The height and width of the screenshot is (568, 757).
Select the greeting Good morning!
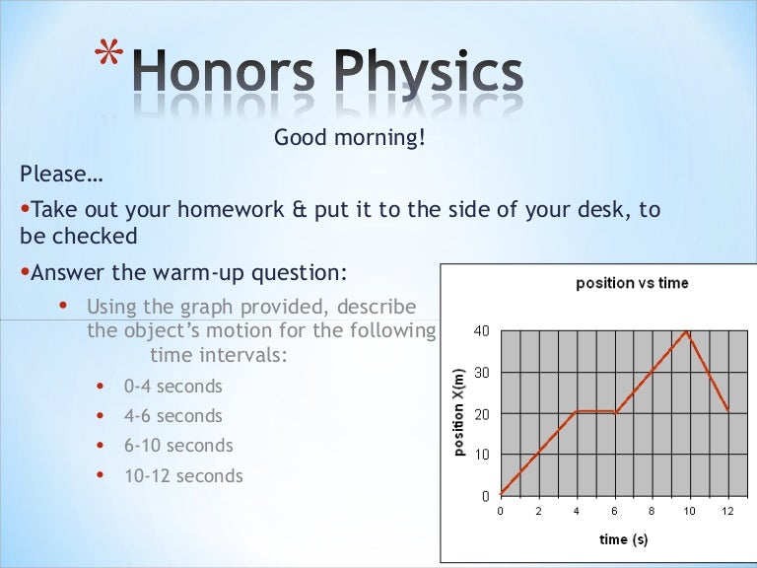(x=350, y=138)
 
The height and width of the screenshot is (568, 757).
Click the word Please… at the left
(x=60, y=175)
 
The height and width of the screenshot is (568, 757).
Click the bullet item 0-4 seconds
(x=172, y=387)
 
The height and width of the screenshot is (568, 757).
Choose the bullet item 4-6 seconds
(x=172, y=416)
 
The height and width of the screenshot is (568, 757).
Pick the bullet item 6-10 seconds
(x=177, y=446)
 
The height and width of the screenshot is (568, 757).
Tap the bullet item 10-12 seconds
(x=182, y=476)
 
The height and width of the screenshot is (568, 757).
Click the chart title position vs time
(x=632, y=283)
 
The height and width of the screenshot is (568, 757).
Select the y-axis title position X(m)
(x=459, y=412)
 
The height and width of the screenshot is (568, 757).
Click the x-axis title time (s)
(x=623, y=538)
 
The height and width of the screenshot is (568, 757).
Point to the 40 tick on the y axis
(x=481, y=330)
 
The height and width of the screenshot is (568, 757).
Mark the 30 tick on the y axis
(x=481, y=373)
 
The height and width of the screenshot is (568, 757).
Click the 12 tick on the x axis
(x=727, y=511)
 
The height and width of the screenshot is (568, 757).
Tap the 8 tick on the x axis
(x=652, y=511)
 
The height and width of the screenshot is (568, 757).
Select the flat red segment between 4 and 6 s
(x=594, y=412)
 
